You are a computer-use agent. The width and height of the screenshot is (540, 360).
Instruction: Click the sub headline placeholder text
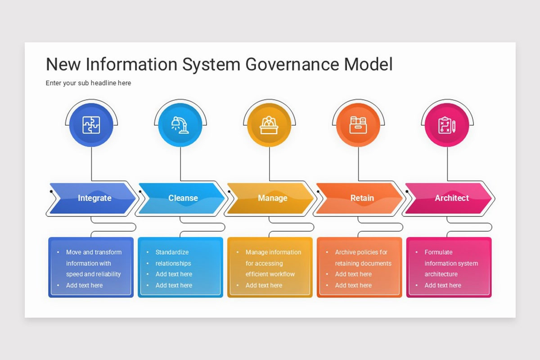pyautogui.click(x=88, y=83)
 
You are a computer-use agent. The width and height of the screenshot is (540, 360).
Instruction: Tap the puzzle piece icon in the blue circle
pyautogui.click(x=91, y=125)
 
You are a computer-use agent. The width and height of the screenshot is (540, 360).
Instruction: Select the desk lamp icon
pyautogui.click(x=180, y=125)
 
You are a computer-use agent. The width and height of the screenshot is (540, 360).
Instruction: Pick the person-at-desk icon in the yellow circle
pyautogui.click(x=269, y=125)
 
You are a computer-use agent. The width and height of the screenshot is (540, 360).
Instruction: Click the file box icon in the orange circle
pyautogui.click(x=358, y=125)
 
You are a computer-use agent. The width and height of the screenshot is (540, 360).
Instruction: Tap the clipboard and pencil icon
pyautogui.click(x=447, y=125)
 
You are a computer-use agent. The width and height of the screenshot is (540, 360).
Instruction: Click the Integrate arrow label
pyautogui.click(x=94, y=198)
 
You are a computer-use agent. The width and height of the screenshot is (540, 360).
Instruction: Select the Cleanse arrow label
pyautogui.click(x=183, y=198)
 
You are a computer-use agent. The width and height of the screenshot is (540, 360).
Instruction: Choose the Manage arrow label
pyautogui.click(x=272, y=198)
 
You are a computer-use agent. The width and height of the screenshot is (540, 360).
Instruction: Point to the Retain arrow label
pyautogui.click(x=362, y=198)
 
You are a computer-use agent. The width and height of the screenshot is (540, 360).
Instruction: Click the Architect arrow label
pyautogui.click(x=451, y=198)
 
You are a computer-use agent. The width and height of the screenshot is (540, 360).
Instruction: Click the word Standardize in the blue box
pyautogui.click(x=172, y=252)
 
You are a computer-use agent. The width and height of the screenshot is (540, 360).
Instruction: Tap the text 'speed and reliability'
pyautogui.click(x=93, y=274)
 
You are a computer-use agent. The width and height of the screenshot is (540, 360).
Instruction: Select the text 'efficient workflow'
pyautogui.click(x=270, y=274)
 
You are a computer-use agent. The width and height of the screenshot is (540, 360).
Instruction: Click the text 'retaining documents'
pyautogui.click(x=363, y=263)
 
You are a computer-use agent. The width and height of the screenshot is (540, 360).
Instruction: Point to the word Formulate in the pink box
pyautogui.click(x=438, y=252)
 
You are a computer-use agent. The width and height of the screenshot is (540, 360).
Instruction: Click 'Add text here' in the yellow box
pyautogui.click(x=264, y=285)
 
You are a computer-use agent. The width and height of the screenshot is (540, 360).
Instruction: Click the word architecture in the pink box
pyautogui.click(x=441, y=274)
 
